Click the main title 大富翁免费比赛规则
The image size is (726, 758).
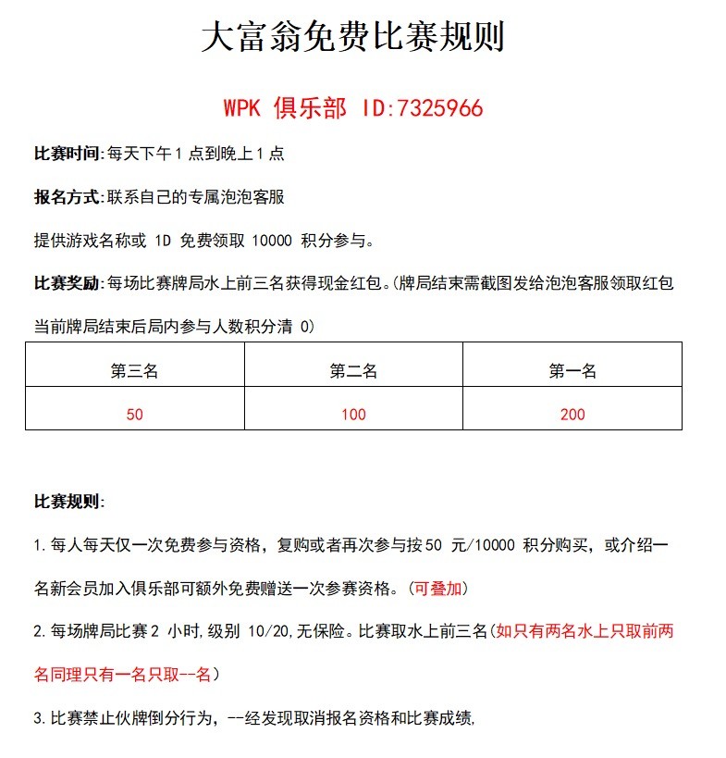point(352,38)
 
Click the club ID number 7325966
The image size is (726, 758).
point(439,108)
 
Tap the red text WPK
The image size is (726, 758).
point(242,108)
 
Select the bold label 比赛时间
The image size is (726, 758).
point(65,154)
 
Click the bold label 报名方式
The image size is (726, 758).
point(65,197)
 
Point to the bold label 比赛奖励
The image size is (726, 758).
point(65,283)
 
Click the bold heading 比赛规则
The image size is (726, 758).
point(65,502)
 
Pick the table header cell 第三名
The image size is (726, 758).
point(134,371)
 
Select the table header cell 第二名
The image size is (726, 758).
point(353,371)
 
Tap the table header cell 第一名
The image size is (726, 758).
point(572,371)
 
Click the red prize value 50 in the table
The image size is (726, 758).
point(134,415)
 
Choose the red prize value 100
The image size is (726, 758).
point(353,415)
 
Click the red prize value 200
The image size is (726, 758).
point(572,415)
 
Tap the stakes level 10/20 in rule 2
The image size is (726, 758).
point(270,632)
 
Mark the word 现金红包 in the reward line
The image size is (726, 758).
point(354,283)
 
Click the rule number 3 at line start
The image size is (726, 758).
point(38,718)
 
